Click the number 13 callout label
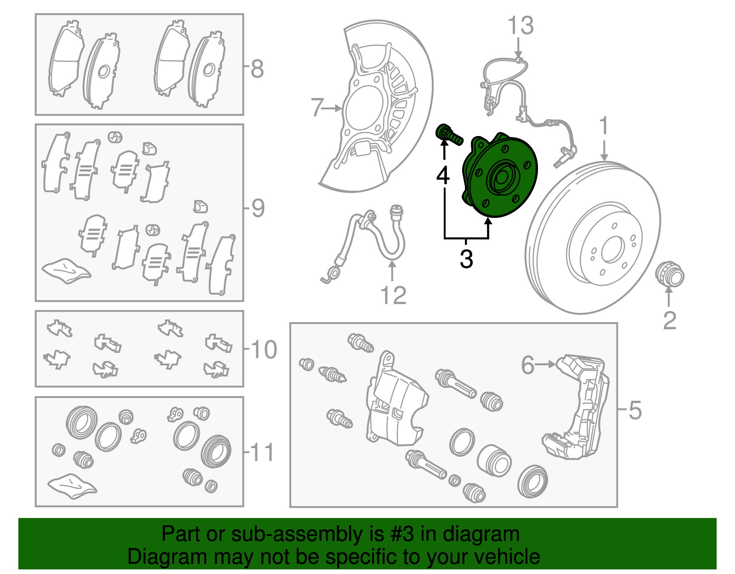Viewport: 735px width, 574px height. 520,26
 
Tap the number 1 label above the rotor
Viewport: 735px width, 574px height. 604,126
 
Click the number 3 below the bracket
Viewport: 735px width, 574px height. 466,259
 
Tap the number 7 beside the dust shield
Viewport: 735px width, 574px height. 317,108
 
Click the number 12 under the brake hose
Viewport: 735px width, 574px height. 393,296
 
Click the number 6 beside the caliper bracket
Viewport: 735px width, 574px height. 527,365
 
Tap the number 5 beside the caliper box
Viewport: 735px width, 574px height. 634,410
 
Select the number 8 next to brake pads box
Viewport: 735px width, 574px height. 257,69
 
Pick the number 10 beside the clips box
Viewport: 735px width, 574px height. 264,350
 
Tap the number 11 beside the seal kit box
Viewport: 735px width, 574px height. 263,453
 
